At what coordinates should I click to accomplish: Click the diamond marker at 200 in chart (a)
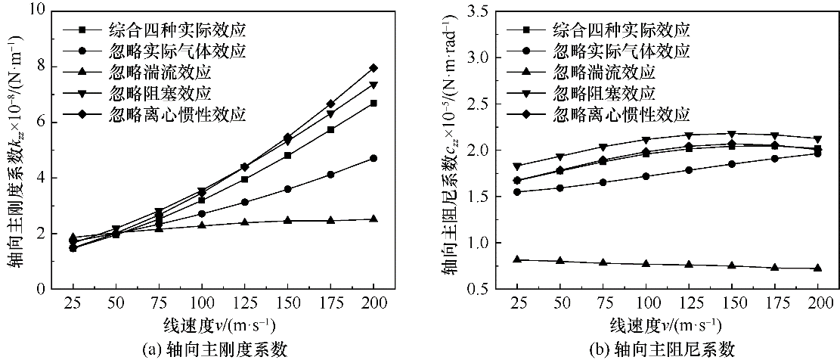coord(374,68)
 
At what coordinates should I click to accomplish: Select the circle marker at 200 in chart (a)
coord(374,158)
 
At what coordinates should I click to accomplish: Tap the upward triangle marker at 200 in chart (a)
coord(374,219)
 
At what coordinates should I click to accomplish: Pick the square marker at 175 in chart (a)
coord(352,129)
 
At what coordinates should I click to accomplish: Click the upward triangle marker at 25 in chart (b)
coord(517,259)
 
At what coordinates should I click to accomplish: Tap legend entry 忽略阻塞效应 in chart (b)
coord(621,94)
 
